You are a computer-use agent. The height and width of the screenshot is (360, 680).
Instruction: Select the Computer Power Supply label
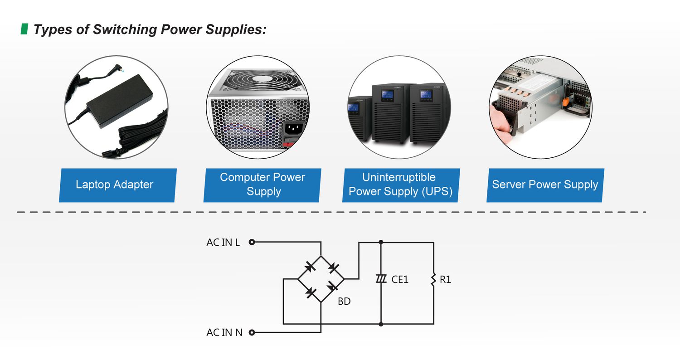[262, 185]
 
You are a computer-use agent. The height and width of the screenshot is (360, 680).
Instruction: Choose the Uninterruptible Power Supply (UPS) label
[401, 185]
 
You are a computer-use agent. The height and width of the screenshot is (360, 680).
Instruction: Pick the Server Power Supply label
[545, 185]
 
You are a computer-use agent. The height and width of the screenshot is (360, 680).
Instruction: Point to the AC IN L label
[223, 243]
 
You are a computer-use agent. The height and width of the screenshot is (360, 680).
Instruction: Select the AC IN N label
[224, 333]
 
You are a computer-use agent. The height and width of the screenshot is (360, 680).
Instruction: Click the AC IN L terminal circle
[252, 243]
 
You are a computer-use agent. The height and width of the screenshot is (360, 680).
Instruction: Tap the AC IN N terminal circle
[252, 333]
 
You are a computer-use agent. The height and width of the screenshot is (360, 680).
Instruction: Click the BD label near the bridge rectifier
[344, 301]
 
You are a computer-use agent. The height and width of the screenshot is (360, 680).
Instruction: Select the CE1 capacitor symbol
[381, 279]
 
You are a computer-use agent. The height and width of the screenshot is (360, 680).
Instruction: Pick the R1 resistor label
[445, 280]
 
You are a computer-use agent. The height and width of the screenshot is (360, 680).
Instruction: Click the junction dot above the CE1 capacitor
[381, 243]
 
